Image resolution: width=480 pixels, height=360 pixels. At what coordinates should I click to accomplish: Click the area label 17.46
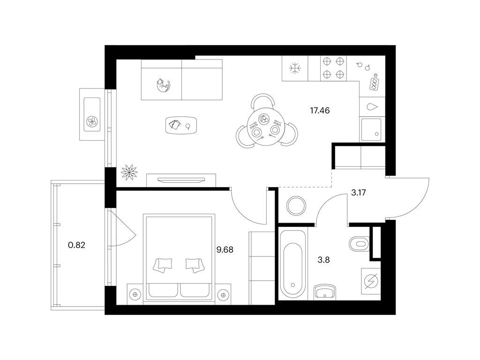320,111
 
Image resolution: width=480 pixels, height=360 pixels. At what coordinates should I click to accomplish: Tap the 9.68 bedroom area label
225,250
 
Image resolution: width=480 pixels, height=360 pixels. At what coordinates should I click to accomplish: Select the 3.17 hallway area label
359,193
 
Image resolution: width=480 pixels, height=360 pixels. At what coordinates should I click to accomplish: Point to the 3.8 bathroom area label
323,260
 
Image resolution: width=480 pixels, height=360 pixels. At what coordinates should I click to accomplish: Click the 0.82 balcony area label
76,245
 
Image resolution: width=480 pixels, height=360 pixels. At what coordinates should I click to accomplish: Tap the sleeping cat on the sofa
163,85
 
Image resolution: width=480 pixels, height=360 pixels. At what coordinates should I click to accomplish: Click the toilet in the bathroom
359,244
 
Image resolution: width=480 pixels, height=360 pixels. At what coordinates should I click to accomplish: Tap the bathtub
292,264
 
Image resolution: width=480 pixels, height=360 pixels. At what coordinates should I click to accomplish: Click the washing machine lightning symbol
371,281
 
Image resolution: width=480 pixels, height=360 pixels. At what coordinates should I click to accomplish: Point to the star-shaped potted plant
129,172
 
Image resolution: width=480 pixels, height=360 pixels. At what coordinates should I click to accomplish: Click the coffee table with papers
181,125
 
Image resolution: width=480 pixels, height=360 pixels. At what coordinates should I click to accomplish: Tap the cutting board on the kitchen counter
374,82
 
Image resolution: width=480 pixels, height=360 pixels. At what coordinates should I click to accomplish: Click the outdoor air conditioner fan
92,122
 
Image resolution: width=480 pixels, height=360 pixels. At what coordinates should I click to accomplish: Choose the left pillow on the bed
163,264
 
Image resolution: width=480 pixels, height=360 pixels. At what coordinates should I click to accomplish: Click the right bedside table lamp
223,294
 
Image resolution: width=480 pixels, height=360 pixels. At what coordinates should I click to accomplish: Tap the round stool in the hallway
296,205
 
